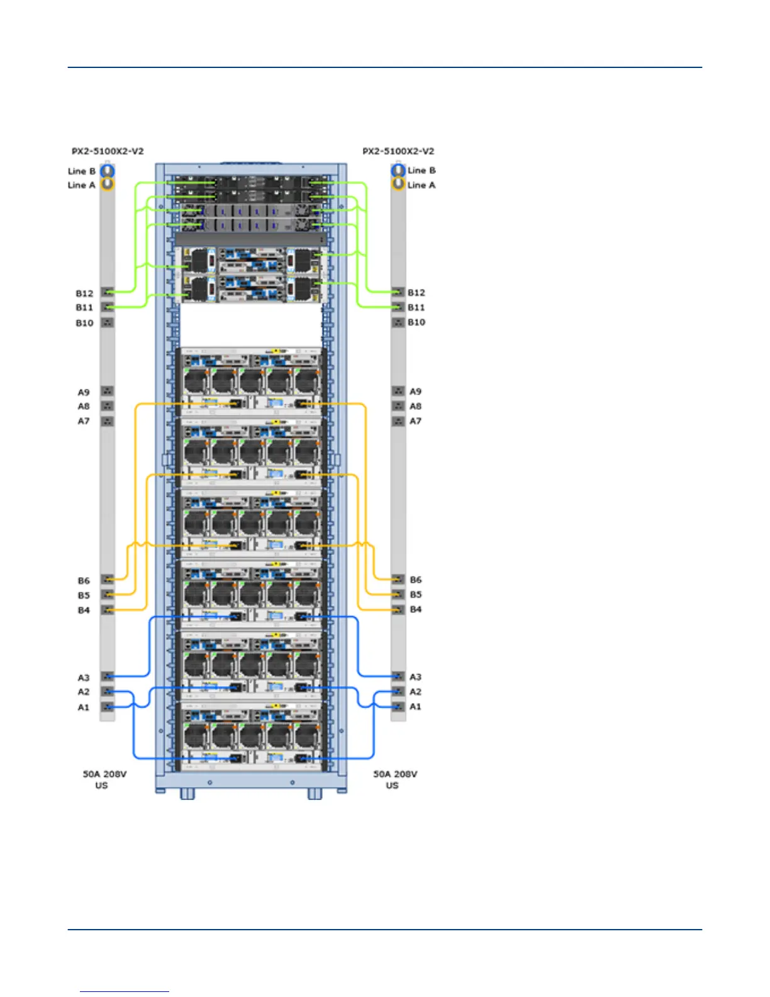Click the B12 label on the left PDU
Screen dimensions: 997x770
(x=84, y=293)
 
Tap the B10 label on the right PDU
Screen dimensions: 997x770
(x=416, y=322)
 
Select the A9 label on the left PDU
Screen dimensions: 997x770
(x=84, y=392)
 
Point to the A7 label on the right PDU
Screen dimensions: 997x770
(x=416, y=421)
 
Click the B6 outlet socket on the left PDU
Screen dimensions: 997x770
(x=108, y=580)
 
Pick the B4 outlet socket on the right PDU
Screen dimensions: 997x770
(x=398, y=609)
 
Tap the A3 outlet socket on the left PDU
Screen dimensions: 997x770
(x=108, y=677)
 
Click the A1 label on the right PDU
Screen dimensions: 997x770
(x=416, y=707)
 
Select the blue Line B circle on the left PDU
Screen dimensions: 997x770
(x=108, y=171)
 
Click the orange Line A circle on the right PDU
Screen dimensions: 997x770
(x=398, y=184)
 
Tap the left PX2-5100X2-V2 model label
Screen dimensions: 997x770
(x=108, y=151)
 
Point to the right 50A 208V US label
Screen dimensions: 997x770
(x=395, y=779)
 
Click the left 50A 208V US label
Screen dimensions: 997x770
(x=104, y=779)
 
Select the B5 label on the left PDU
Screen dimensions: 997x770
(x=84, y=595)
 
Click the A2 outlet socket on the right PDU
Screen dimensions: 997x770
(x=398, y=692)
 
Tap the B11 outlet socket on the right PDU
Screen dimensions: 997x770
(x=398, y=307)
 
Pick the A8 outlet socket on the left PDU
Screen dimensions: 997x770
(x=108, y=406)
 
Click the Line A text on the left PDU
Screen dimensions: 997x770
(x=81, y=185)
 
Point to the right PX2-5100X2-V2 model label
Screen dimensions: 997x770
(x=398, y=151)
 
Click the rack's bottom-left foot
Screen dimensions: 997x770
(x=187, y=794)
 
